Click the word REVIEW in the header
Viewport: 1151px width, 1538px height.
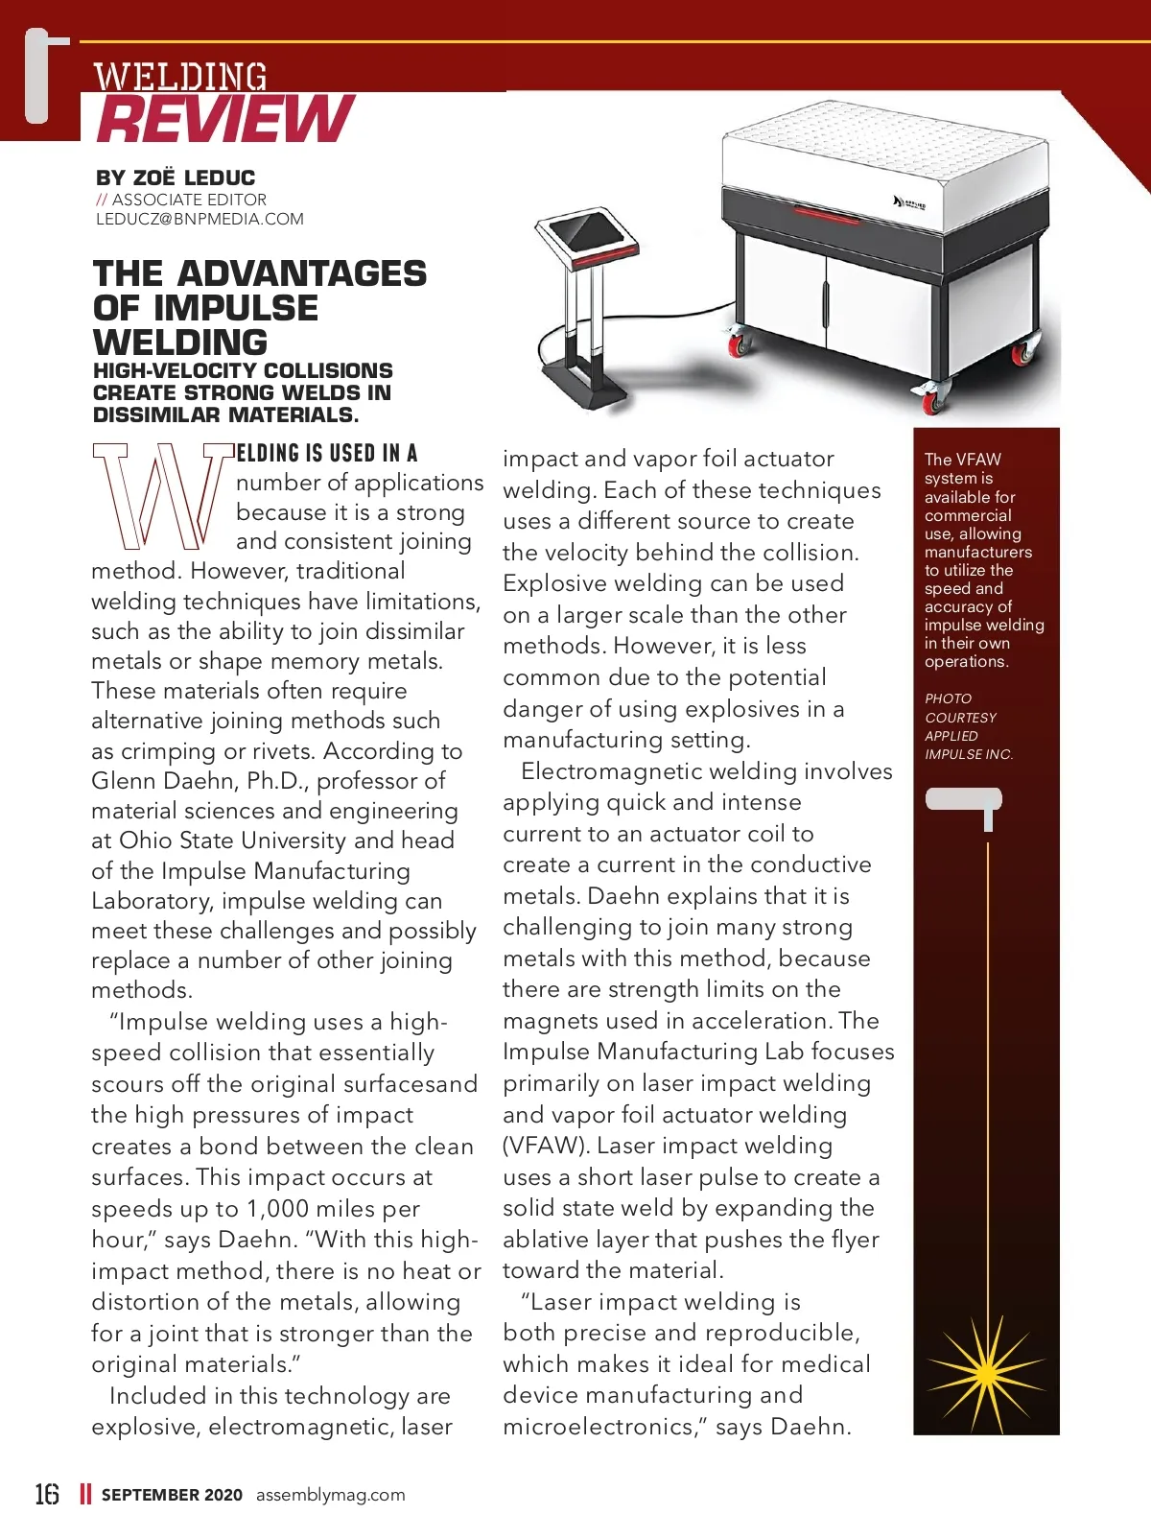coord(226,119)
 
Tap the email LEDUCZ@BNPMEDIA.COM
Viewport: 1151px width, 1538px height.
coord(200,219)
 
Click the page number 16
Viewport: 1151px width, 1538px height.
coord(47,1494)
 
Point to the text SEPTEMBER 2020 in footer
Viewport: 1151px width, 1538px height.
coord(172,1494)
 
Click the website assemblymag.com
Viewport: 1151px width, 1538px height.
coord(330,1494)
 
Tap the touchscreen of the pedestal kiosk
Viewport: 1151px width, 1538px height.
coord(582,230)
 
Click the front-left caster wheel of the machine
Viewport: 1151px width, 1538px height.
coord(737,343)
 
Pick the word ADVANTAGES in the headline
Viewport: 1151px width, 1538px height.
coord(301,274)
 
